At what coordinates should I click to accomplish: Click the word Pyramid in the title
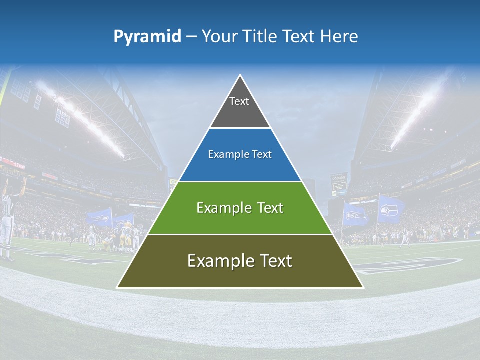pos(147,37)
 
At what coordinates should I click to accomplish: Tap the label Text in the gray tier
pos(239,101)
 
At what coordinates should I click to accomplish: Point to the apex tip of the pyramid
pos(240,76)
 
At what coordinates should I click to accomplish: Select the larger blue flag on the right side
pos(391,209)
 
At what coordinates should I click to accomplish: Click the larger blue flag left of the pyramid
pos(99,217)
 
